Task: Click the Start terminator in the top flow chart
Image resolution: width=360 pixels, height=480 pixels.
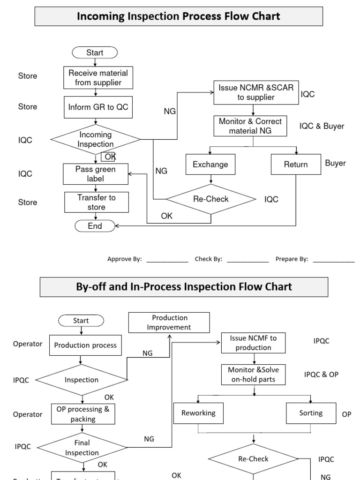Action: pyautogui.click(x=95, y=52)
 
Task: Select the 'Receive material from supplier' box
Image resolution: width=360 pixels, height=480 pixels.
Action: pyautogui.click(x=98, y=78)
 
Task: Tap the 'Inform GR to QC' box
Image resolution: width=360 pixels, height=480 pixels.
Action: pyautogui.click(x=98, y=107)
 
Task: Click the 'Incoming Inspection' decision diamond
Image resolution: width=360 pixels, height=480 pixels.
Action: pyautogui.click(x=95, y=139)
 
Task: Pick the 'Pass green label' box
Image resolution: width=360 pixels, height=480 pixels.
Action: pyautogui.click(x=96, y=174)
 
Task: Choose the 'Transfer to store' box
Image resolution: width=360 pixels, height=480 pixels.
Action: pyautogui.click(x=97, y=202)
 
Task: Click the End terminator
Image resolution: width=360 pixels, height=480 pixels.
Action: pyautogui.click(x=95, y=226)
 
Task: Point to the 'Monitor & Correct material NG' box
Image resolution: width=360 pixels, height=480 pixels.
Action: pyautogui.click(x=250, y=126)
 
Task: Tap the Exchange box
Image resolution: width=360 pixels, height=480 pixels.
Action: pyautogui.click(x=210, y=165)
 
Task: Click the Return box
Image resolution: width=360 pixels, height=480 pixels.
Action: pyautogui.click(x=296, y=165)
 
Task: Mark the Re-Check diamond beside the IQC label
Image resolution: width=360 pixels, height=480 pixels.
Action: pyautogui.click(x=211, y=199)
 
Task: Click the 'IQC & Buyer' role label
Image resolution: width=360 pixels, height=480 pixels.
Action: pyautogui.click(x=322, y=126)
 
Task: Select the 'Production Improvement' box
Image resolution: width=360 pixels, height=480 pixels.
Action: pyautogui.click(x=169, y=322)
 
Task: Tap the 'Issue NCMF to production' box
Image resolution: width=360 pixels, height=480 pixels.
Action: pyautogui.click(x=253, y=343)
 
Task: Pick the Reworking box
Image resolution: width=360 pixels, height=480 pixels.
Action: pyautogui.click(x=198, y=413)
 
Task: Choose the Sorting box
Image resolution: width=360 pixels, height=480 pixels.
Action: pyautogui.click(x=311, y=413)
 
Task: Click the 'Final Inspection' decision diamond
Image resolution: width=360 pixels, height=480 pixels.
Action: pyautogui.click(x=82, y=447)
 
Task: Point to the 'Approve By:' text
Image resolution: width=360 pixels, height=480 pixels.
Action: pyautogui.click(x=124, y=259)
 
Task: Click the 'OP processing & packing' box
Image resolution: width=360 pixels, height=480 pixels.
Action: pyautogui.click(x=82, y=413)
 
